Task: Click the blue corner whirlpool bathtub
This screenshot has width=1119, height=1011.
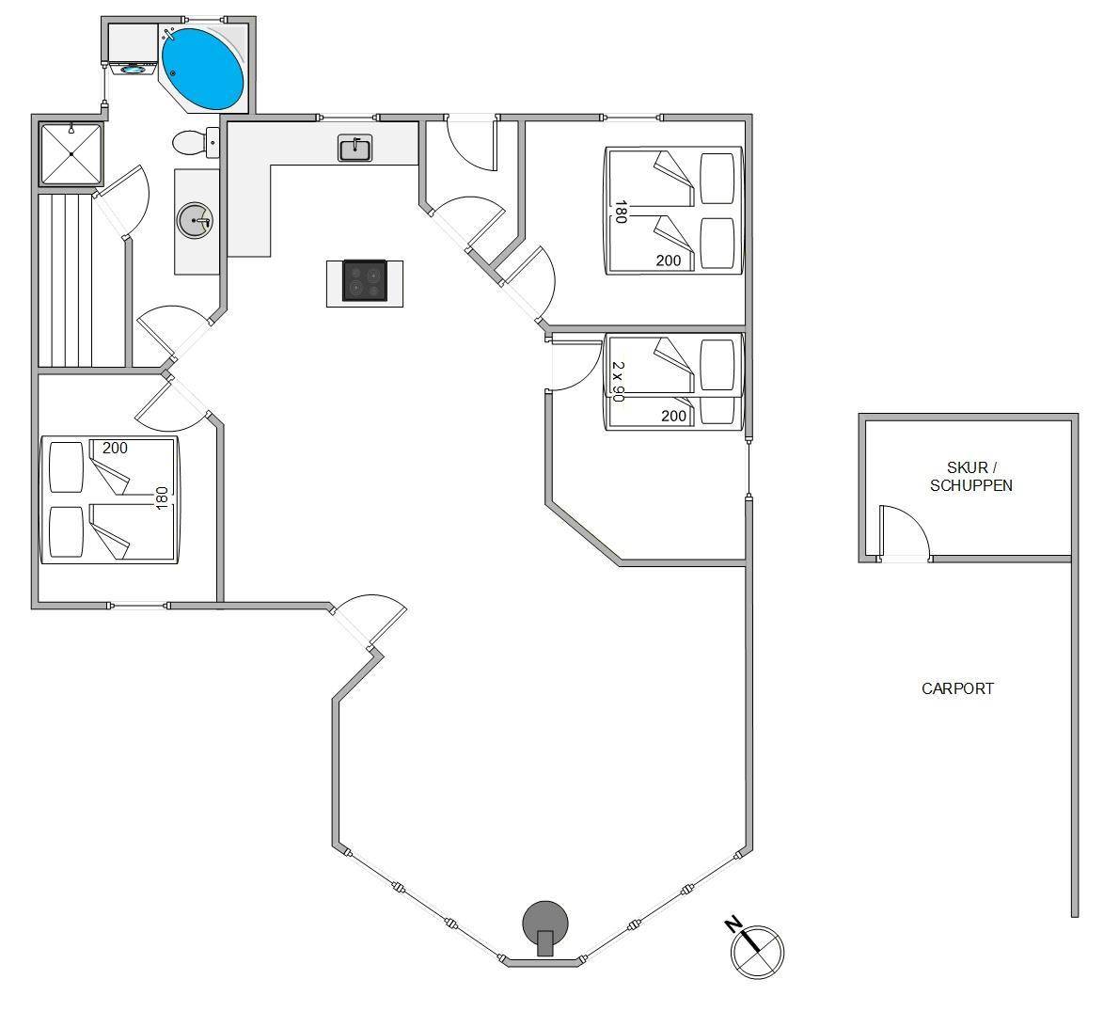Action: click(x=203, y=70)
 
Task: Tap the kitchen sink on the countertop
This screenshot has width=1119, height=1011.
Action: click(x=355, y=149)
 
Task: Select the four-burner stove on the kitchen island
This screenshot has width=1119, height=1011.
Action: click(x=365, y=280)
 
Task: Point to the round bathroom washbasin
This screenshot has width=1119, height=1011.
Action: click(x=195, y=221)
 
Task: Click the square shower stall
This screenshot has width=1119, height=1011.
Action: click(x=71, y=153)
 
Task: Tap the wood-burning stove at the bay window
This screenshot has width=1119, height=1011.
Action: click(x=545, y=926)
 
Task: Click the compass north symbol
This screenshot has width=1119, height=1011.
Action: click(x=755, y=950)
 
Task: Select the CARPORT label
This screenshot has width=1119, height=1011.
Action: click(x=957, y=688)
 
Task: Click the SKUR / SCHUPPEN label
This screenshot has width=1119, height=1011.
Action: click(x=970, y=476)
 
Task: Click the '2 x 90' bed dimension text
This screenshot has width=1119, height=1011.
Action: click(x=618, y=381)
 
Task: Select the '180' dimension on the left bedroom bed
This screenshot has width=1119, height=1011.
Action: click(x=162, y=498)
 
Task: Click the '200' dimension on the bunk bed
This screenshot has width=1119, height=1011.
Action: click(x=673, y=416)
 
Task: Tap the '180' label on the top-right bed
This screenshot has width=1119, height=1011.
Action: click(x=621, y=212)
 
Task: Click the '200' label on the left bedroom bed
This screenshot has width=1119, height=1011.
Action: click(x=115, y=448)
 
